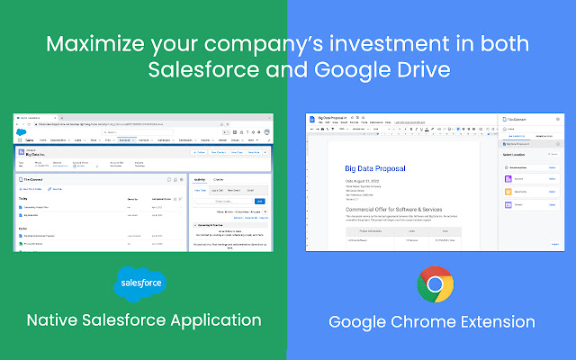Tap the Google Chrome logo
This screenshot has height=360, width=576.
point(435,285)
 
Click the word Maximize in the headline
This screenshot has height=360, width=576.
point(101,44)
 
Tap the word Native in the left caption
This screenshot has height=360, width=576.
point(58,319)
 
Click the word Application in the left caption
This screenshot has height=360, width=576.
point(211,319)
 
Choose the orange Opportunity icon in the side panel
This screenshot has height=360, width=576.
point(509,192)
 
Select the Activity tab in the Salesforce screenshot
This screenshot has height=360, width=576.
point(200,179)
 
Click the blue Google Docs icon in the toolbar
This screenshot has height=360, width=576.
point(311,121)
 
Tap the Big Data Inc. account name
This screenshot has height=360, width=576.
point(36,154)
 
